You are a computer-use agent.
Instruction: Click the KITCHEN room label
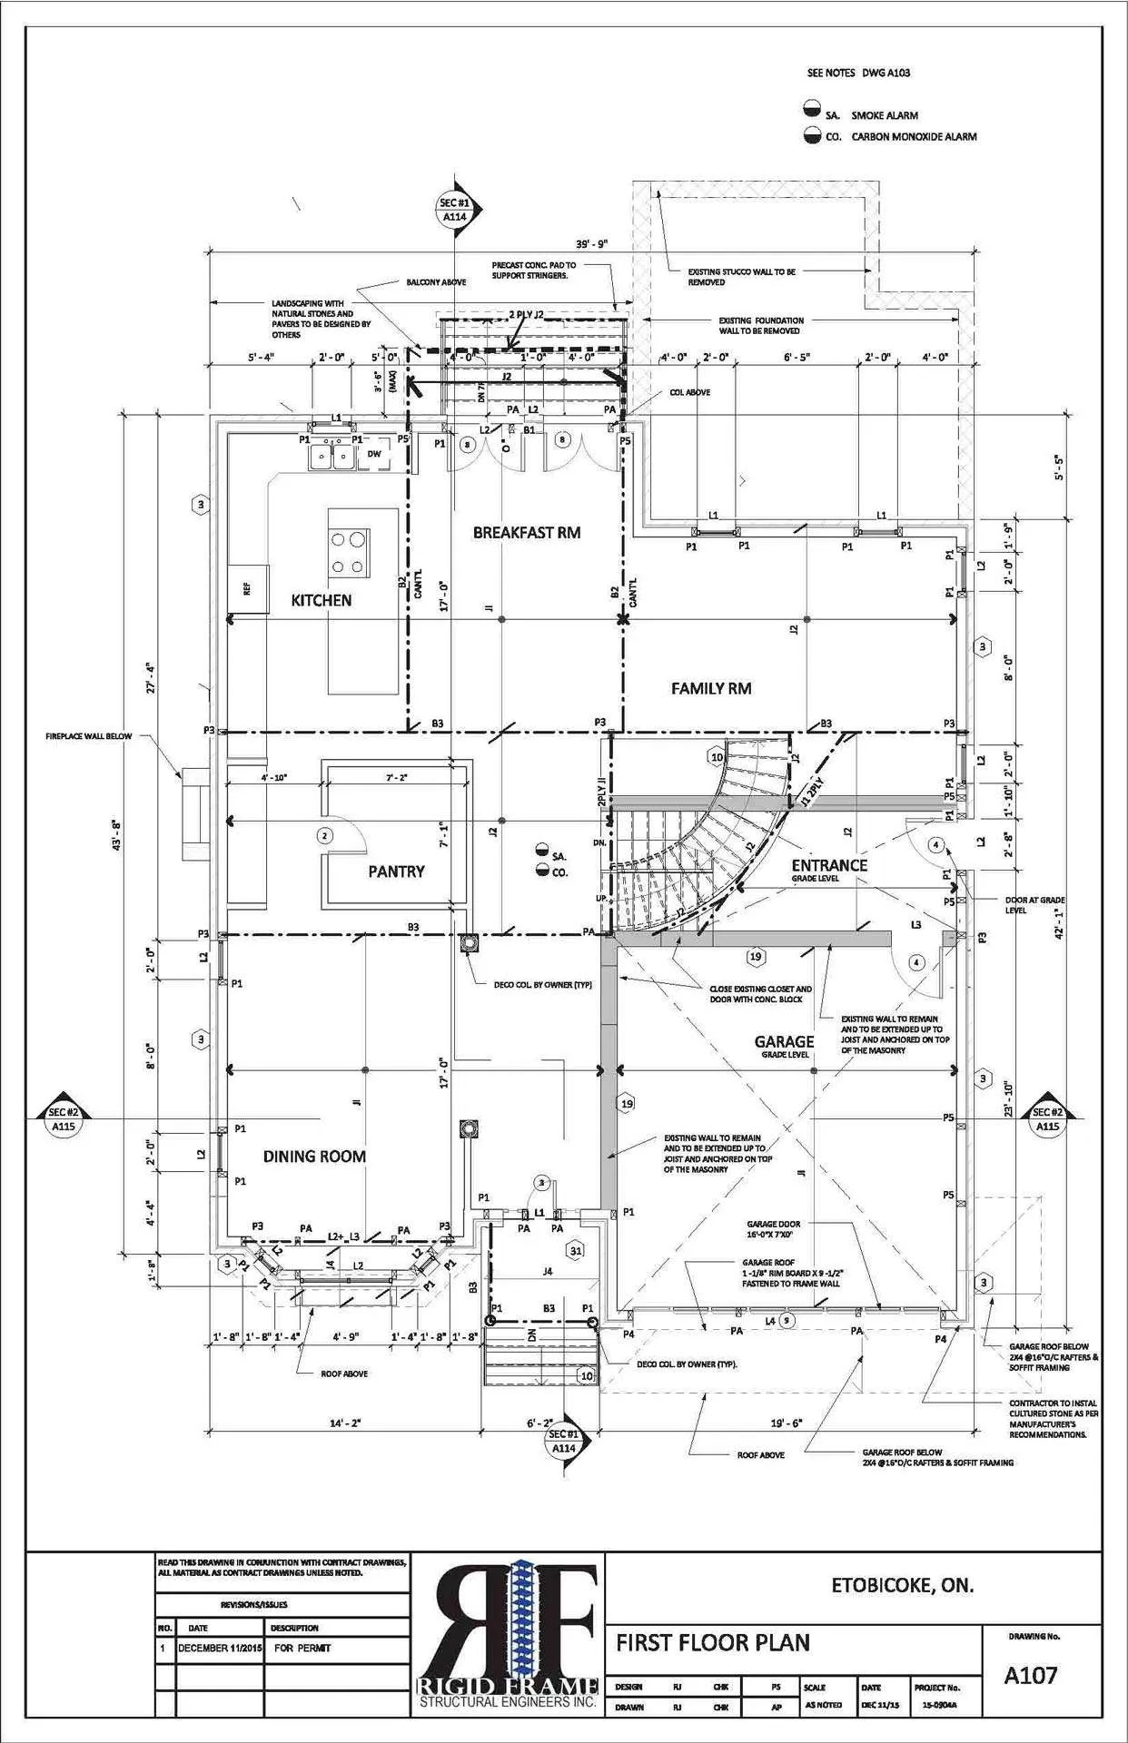[x=321, y=600]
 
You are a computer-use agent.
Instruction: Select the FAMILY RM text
[x=710, y=688]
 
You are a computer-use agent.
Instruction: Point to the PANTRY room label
[x=396, y=871]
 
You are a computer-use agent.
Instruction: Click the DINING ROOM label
[x=314, y=1156]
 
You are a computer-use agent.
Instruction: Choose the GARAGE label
[x=783, y=1041]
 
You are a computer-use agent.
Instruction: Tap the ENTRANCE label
[x=828, y=865]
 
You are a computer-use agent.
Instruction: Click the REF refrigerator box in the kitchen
[x=247, y=588]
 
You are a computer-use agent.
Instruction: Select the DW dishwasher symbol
[x=374, y=454]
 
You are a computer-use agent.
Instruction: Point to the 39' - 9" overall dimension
[x=590, y=243]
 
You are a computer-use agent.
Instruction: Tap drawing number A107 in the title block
[x=1030, y=1674]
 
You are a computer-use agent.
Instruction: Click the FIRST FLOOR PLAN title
[x=713, y=1641]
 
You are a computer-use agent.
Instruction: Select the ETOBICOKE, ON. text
[x=902, y=1586]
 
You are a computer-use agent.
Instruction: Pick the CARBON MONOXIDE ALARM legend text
[x=914, y=137]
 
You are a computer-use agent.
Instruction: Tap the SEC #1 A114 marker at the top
[x=454, y=211]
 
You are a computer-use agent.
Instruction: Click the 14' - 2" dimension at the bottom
[x=345, y=1423]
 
